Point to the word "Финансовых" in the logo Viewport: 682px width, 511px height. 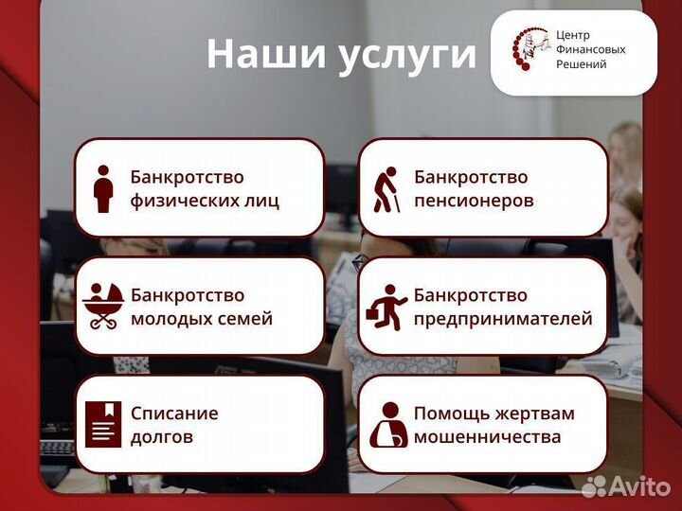pos(590,49)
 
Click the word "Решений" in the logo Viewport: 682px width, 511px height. pos(581,63)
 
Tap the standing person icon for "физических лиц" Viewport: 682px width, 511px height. pos(104,188)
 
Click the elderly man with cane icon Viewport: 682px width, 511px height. pos(386,189)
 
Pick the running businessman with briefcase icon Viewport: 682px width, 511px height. pos(387,306)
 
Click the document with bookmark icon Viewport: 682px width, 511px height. pos(103,424)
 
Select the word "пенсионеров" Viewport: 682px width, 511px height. pos(474,201)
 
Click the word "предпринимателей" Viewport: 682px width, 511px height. pos(503,319)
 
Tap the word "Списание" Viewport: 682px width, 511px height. pos(174,414)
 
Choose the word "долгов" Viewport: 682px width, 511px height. pos(162,437)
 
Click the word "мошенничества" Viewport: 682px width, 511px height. pos(487,437)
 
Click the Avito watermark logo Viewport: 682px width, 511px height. pos(627,487)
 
